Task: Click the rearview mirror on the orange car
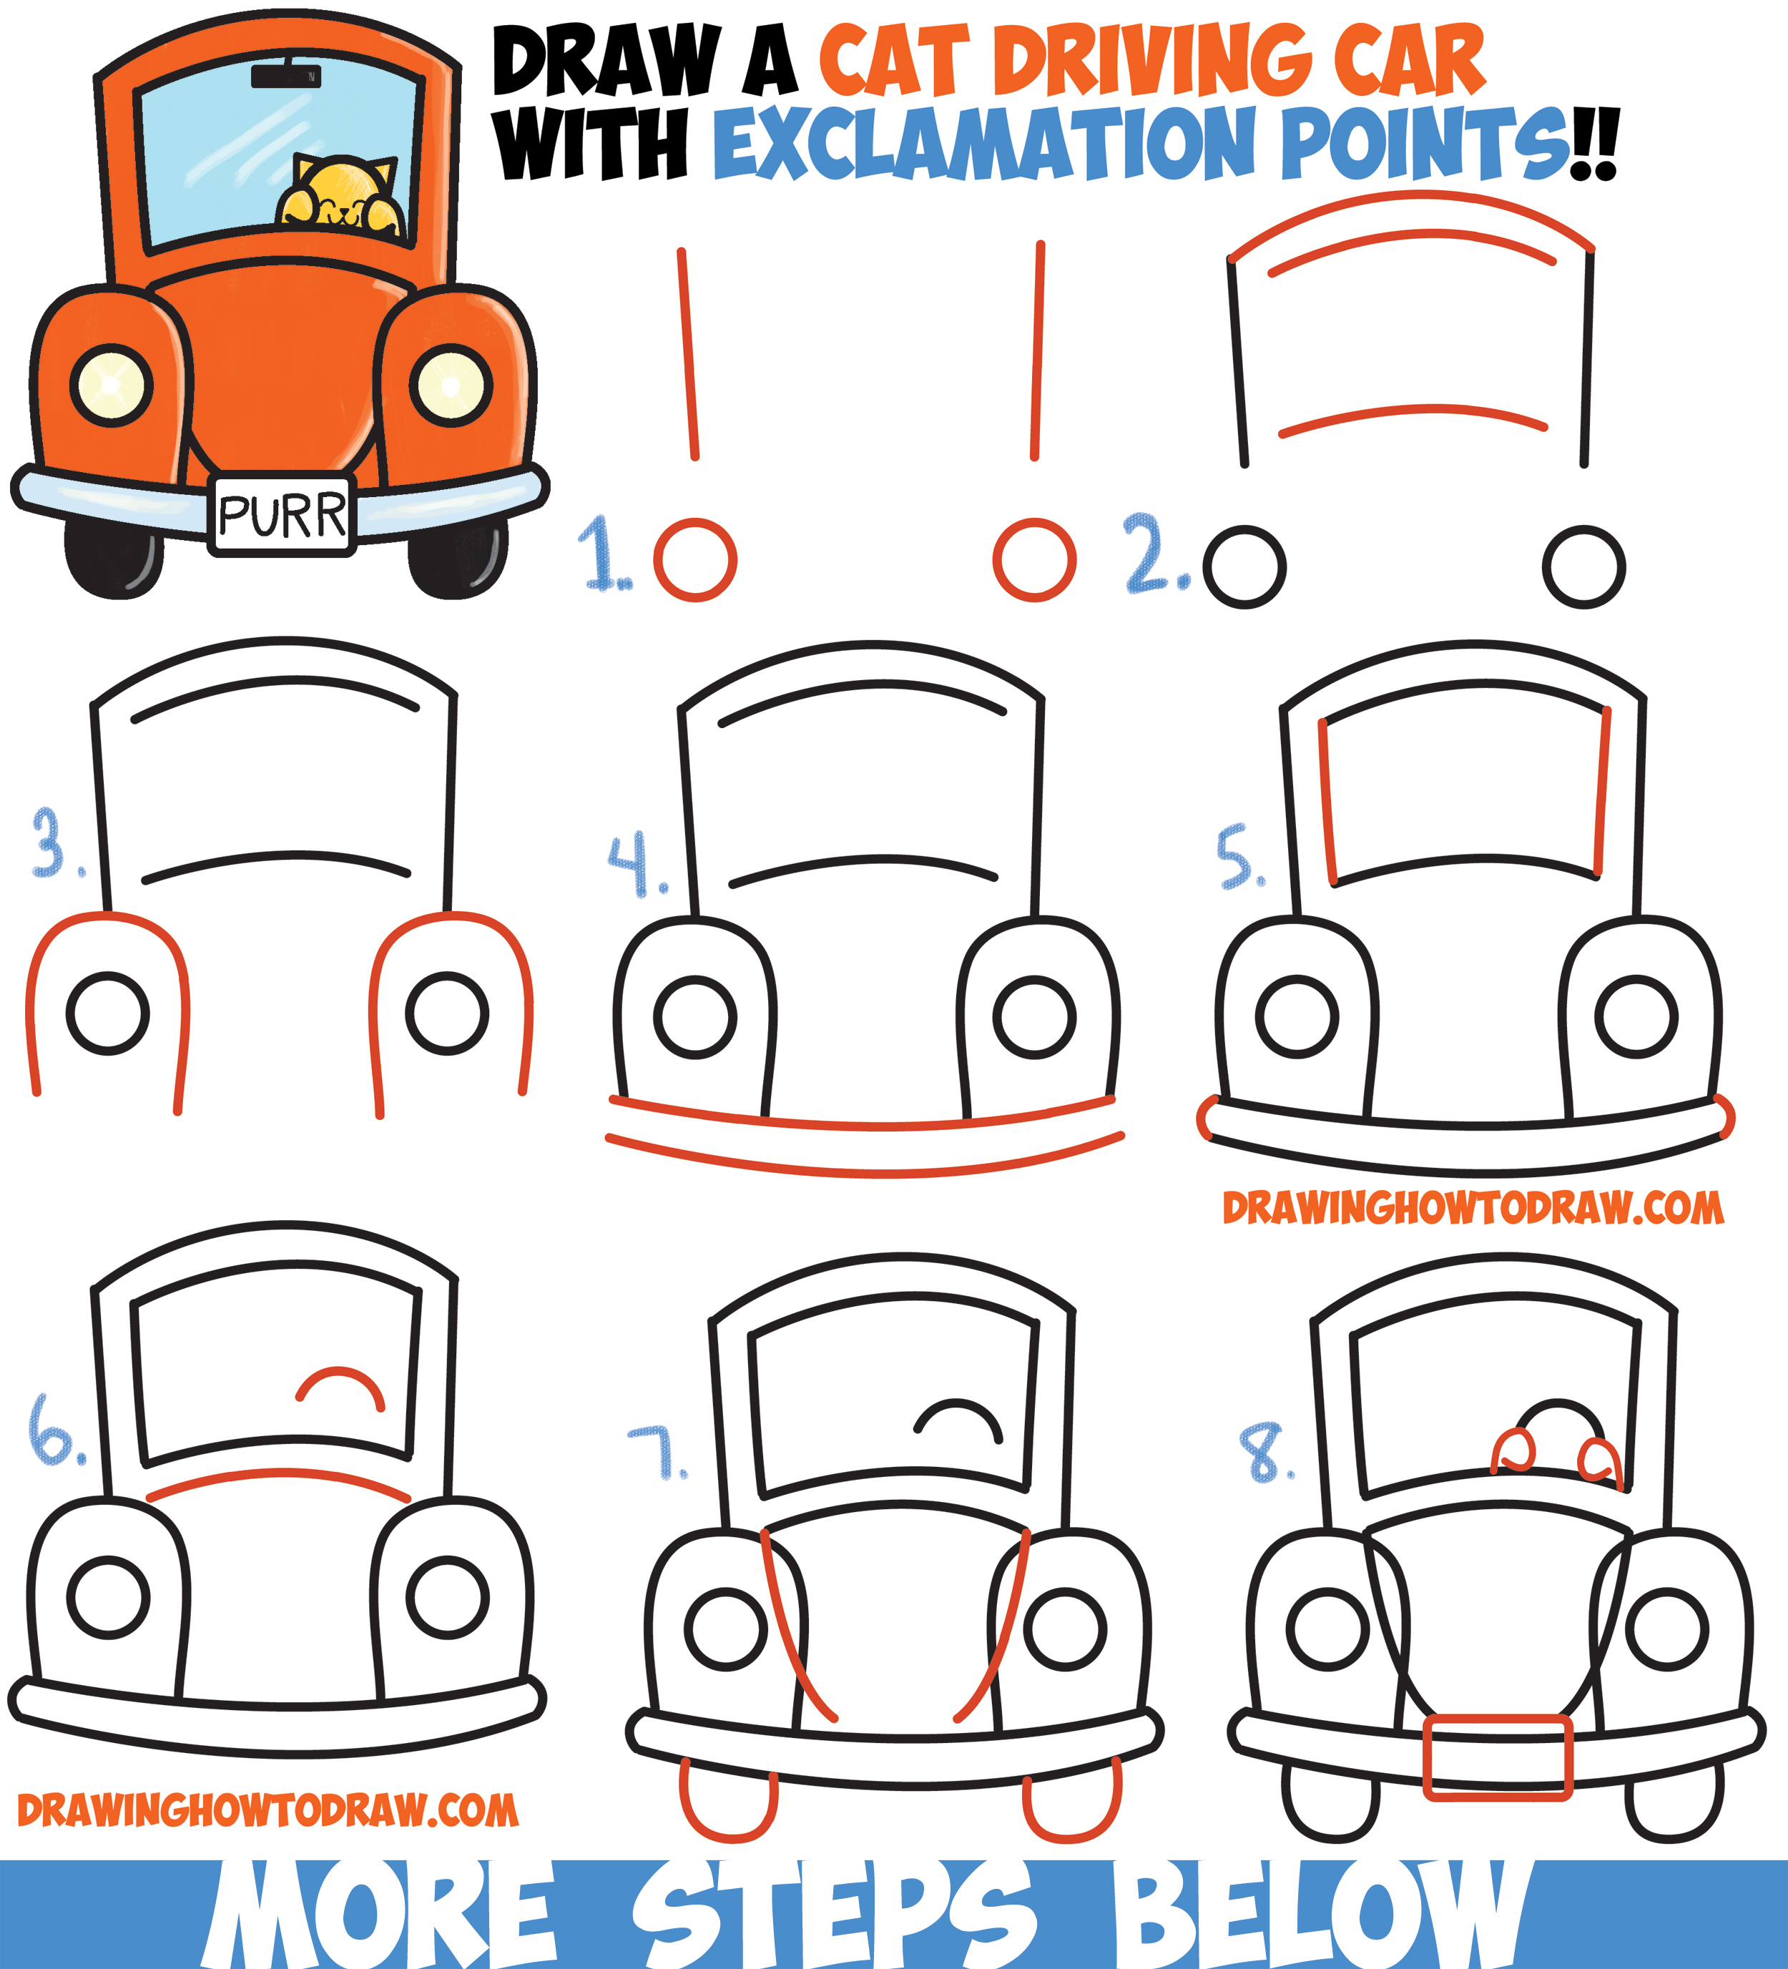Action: (x=285, y=75)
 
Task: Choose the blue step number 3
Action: (x=51, y=842)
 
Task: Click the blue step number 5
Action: (x=1237, y=857)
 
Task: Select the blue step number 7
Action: (x=657, y=1453)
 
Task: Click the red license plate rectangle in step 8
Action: (x=1496, y=1757)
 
